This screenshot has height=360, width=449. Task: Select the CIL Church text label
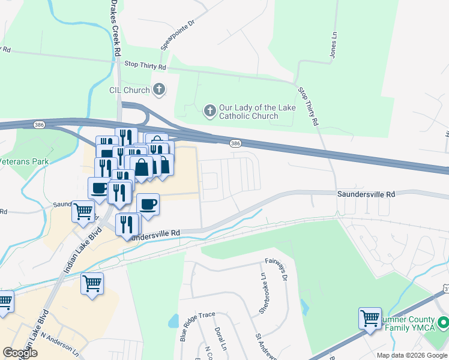click(129, 90)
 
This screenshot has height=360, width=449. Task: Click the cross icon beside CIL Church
click(159, 90)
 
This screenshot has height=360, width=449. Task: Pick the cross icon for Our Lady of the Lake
click(209, 110)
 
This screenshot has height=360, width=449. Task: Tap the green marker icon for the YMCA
click(442, 323)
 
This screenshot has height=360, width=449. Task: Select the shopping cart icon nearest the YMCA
click(370, 317)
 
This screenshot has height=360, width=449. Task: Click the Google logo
click(20, 353)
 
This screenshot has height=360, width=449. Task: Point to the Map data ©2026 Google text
click(412, 355)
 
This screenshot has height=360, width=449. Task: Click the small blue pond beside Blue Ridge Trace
click(173, 320)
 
